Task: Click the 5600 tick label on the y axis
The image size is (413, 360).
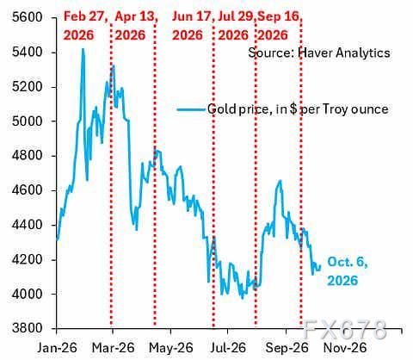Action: (27, 18)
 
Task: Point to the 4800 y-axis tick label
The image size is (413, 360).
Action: (27, 156)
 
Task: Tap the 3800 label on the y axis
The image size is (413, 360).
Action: (27, 328)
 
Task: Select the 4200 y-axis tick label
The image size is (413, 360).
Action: (27, 260)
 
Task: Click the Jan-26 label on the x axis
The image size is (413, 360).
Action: (57, 348)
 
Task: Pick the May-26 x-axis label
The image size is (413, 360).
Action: (171, 348)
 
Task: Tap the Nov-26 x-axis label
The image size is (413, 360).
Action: (345, 348)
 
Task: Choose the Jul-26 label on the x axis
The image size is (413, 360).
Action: (228, 348)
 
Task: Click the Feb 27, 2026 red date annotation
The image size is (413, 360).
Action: (86, 26)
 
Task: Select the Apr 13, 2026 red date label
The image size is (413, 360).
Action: (136, 26)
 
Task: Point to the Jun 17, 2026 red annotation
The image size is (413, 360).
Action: (193, 26)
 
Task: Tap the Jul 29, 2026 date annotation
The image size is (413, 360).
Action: (237, 26)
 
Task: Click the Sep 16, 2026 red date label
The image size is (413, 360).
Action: (280, 26)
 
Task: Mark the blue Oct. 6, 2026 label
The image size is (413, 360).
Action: (348, 271)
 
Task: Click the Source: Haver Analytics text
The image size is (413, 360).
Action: (319, 53)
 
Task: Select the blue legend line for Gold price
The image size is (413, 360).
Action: (191, 109)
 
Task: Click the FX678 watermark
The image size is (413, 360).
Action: (345, 329)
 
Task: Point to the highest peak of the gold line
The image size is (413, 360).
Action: (83, 49)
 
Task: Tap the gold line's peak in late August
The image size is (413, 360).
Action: (280, 181)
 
